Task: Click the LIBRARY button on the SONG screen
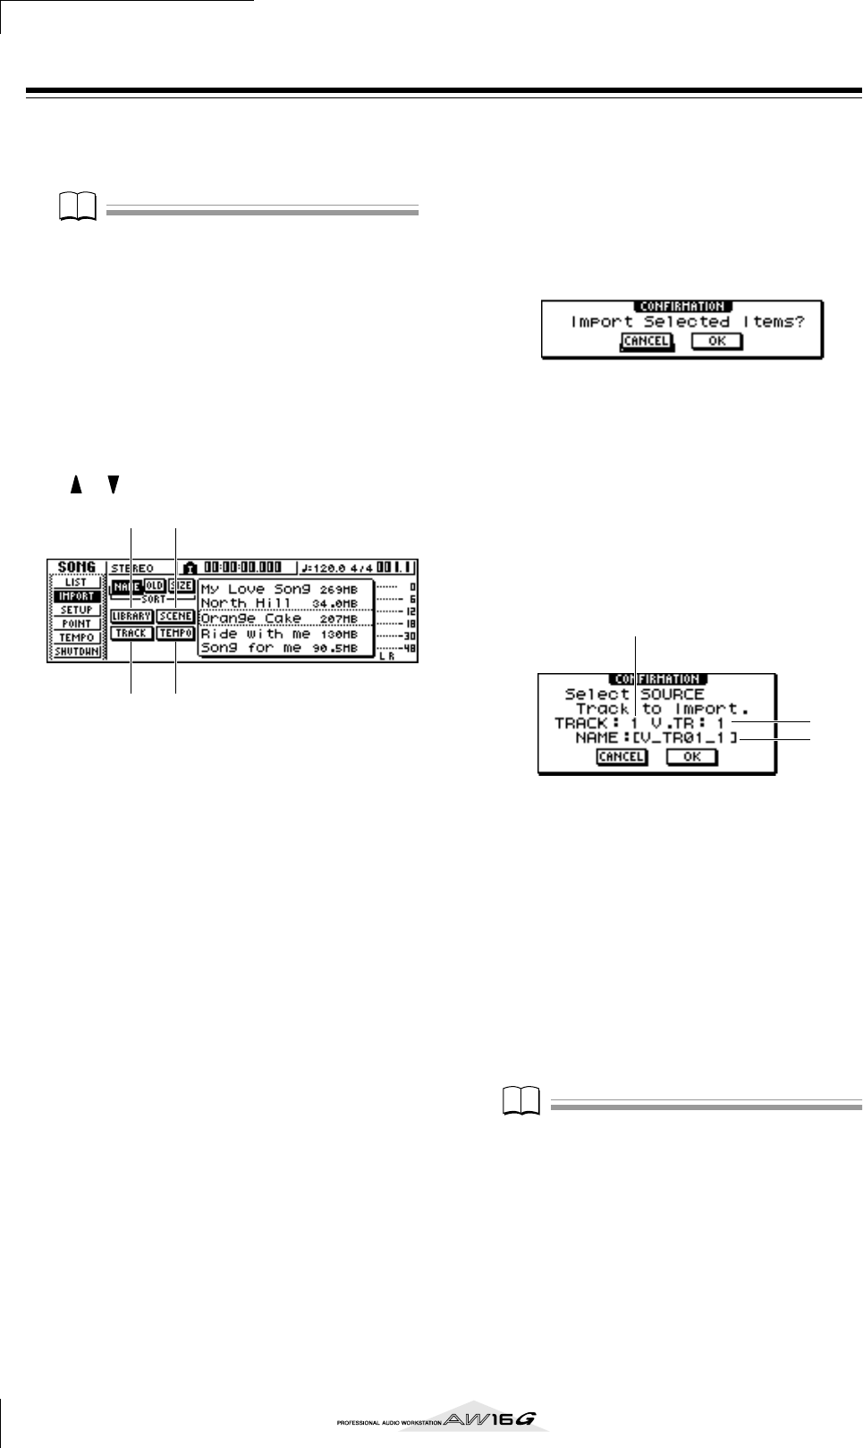pyautogui.click(x=131, y=616)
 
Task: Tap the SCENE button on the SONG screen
pyautogui.click(x=175, y=616)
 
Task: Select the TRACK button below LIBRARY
pyautogui.click(x=131, y=633)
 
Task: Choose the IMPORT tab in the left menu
pyautogui.click(x=76, y=595)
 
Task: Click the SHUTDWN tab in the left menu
pyautogui.click(x=76, y=652)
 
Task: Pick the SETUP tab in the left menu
pyautogui.click(x=76, y=610)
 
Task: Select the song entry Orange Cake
pyautogui.click(x=279, y=618)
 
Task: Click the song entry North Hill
pyautogui.click(x=279, y=602)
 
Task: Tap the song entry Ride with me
pyautogui.click(x=279, y=633)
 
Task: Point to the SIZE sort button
pyautogui.click(x=182, y=585)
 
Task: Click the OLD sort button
pyautogui.click(x=155, y=585)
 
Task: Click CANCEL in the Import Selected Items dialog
pyautogui.click(x=646, y=341)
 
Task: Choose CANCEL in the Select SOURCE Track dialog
pyautogui.click(x=621, y=756)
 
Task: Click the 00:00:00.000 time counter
pyautogui.click(x=242, y=568)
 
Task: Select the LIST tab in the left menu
pyautogui.click(x=76, y=582)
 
